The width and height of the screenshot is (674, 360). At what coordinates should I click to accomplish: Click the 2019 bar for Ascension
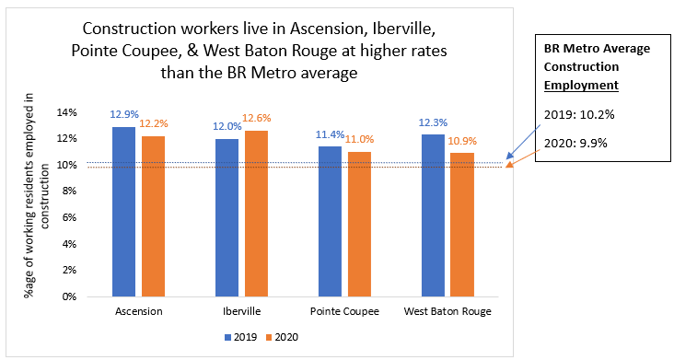coord(123,212)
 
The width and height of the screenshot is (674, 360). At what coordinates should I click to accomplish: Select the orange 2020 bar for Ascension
coord(152,216)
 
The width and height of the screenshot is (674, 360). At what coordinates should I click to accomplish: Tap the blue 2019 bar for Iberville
coord(227,217)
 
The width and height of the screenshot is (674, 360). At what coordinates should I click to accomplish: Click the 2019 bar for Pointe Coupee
coord(329,222)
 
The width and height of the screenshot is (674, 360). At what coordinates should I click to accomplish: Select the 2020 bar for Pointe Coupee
coord(357,224)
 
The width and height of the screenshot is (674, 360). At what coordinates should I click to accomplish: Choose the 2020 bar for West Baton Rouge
coord(460,225)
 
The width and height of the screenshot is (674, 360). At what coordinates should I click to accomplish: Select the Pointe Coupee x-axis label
coord(343,312)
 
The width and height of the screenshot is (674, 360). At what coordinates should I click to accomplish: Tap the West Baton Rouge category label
coord(447,312)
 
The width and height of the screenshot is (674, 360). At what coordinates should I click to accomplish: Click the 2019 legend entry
coord(242,337)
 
